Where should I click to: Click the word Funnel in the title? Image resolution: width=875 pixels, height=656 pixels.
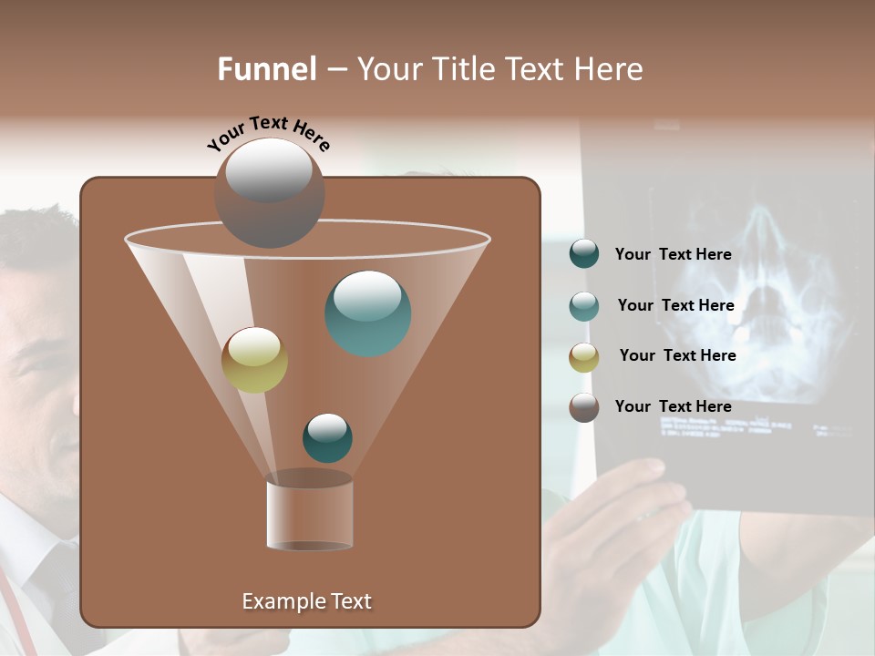point(266,69)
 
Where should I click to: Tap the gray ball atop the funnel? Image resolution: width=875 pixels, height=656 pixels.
point(269,192)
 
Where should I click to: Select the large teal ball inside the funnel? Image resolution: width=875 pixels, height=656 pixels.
point(367,313)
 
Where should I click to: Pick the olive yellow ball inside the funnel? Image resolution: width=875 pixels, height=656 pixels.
point(254,360)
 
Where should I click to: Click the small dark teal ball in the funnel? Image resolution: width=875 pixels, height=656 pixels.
point(327,438)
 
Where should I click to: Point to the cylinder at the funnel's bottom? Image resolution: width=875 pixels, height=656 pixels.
point(309,514)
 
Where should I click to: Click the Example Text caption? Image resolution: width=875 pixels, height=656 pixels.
point(306,601)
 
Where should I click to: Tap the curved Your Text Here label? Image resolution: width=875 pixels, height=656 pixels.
point(268,134)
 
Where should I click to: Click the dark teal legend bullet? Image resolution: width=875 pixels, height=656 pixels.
point(584,254)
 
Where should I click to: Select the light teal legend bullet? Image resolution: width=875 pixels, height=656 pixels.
point(584,306)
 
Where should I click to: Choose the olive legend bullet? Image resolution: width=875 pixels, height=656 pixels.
point(584,356)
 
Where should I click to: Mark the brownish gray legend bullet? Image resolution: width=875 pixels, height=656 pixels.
point(584,407)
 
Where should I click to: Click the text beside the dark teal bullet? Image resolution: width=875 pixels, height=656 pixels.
point(673,254)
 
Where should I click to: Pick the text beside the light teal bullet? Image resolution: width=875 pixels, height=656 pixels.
point(675,305)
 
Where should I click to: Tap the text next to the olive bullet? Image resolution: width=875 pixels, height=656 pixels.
point(677,355)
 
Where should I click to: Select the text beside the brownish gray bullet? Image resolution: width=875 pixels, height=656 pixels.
point(673,406)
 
